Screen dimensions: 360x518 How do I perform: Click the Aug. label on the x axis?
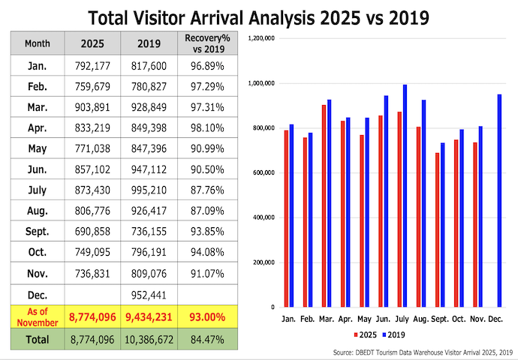coord(422,317)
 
